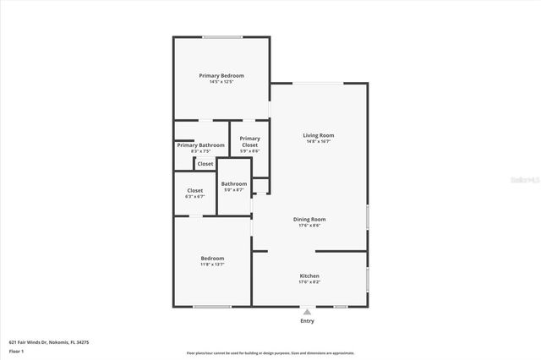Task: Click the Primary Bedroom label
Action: coord(221,75)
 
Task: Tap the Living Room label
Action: coord(319,135)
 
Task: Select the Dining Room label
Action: coord(309,219)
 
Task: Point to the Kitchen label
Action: coord(309,275)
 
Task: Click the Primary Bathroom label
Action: coord(201,145)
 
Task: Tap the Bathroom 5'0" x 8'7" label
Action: coord(234,183)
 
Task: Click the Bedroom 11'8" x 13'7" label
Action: coord(212,258)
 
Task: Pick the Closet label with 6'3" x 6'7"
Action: coord(194,190)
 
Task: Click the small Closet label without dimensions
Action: coord(205,163)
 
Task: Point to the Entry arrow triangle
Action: coord(307,312)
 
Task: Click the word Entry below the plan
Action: coord(307,321)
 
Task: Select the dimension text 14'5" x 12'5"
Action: coord(221,82)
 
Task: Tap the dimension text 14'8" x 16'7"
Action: coord(319,141)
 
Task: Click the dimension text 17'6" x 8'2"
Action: coord(309,282)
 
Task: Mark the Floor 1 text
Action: coord(16,350)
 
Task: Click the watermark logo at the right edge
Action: coord(530,180)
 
